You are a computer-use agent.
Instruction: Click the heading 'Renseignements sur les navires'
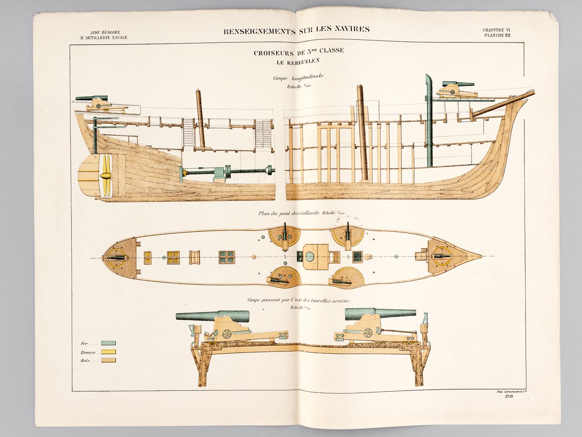pyautogui.click(x=296, y=30)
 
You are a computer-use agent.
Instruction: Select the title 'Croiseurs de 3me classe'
pyautogui.click(x=298, y=52)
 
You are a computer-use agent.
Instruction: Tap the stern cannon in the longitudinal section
pyautogui.click(x=92, y=98)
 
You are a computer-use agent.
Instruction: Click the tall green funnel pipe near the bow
pyautogui.click(x=428, y=114)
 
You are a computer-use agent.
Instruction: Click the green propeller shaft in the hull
pyautogui.click(x=227, y=172)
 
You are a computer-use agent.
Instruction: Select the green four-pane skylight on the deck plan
pyautogui.click(x=225, y=257)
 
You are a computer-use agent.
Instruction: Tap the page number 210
pyautogui.click(x=509, y=396)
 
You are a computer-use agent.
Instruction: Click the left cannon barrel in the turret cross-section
pyautogui.click(x=213, y=315)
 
